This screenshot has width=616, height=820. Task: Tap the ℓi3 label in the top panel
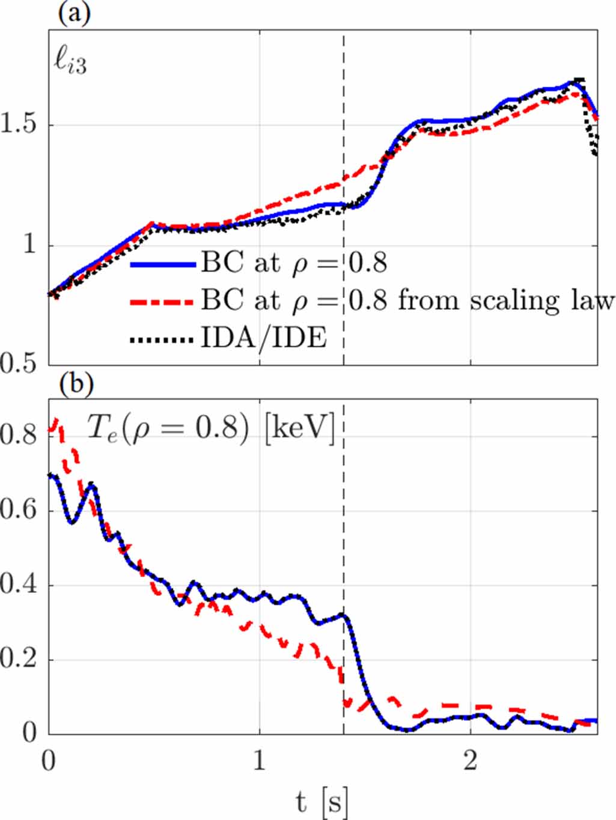tap(71, 63)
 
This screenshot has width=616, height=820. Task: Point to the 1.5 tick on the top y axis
tap(19, 126)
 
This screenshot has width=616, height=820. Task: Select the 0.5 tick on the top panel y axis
tap(19, 365)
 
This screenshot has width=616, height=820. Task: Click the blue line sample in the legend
tap(163, 264)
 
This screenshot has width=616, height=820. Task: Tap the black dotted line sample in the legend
tap(163, 339)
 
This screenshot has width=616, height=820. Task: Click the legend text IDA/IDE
tap(264, 339)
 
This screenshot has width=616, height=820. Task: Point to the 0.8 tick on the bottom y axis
tap(19, 436)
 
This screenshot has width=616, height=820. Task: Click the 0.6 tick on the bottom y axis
tap(19, 510)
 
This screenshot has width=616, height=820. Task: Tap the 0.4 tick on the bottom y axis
tap(19, 585)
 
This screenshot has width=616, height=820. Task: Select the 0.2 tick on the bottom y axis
tap(19, 659)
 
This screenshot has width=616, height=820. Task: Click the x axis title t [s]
tap(322, 801)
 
